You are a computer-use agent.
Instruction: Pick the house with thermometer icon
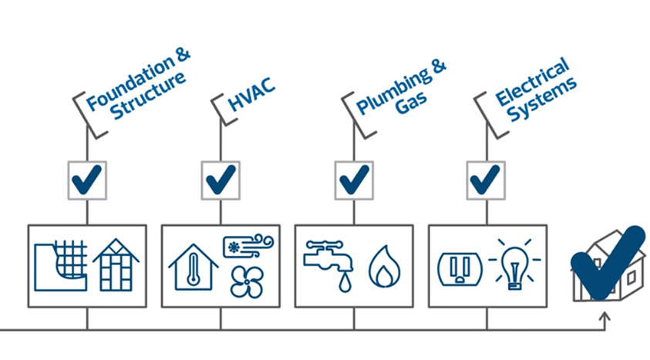[x=193, y=267]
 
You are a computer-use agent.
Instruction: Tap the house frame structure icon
[x=116, y=264]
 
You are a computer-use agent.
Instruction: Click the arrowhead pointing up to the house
[x=605, y=316]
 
